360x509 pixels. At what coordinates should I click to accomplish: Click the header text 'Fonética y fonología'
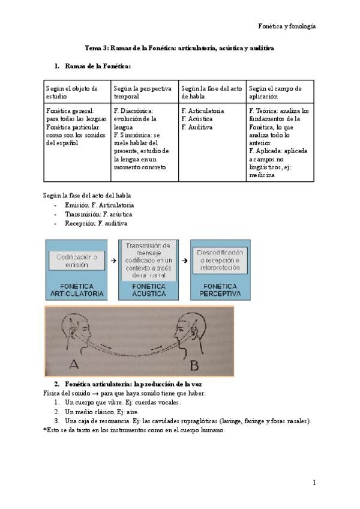287,26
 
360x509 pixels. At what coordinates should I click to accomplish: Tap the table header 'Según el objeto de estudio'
71,92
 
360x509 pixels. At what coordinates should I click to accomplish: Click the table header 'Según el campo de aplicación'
275,92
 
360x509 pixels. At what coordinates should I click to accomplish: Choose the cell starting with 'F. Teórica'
279,143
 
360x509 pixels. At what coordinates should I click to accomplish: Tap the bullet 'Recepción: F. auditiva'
96,223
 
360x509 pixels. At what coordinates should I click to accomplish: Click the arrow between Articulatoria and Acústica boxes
114,261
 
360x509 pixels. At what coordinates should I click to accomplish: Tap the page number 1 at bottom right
314,482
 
